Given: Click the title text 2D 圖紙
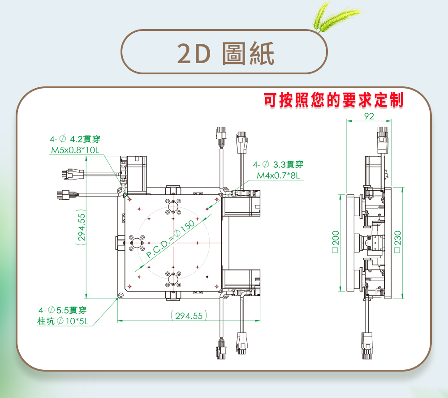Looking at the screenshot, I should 225,54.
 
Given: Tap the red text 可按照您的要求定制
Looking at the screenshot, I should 333,100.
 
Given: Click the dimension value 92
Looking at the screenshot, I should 369,116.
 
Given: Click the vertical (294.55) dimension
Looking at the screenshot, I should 81,227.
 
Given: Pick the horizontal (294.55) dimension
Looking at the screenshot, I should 189,316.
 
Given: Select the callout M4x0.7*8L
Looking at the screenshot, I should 278,175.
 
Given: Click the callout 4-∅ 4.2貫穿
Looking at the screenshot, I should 75,139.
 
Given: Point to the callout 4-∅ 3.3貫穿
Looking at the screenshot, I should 278,164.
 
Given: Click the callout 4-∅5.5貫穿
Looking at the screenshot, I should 63,310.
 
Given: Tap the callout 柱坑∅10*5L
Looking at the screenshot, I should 63,321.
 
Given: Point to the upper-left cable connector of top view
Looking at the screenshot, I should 68,174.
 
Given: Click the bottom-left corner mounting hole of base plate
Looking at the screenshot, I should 120,295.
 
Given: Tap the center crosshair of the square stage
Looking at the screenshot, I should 173,243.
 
